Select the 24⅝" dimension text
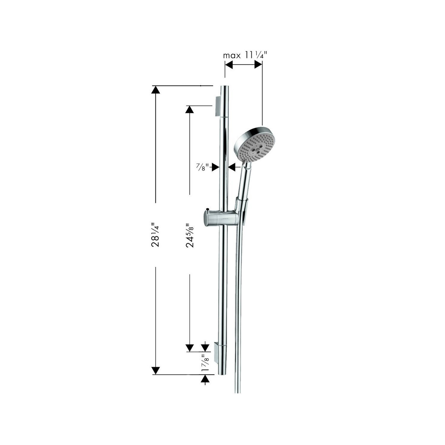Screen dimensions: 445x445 pos(190,235)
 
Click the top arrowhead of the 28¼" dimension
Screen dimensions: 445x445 pos(155,90)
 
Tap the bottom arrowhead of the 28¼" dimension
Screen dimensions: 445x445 pos(155,371)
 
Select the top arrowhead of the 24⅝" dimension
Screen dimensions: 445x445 pos(189,110)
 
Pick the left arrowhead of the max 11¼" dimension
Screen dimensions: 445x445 pos(229,65)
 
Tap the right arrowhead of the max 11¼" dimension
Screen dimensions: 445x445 pos(258,65)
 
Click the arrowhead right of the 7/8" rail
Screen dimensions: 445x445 pos(232,167)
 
